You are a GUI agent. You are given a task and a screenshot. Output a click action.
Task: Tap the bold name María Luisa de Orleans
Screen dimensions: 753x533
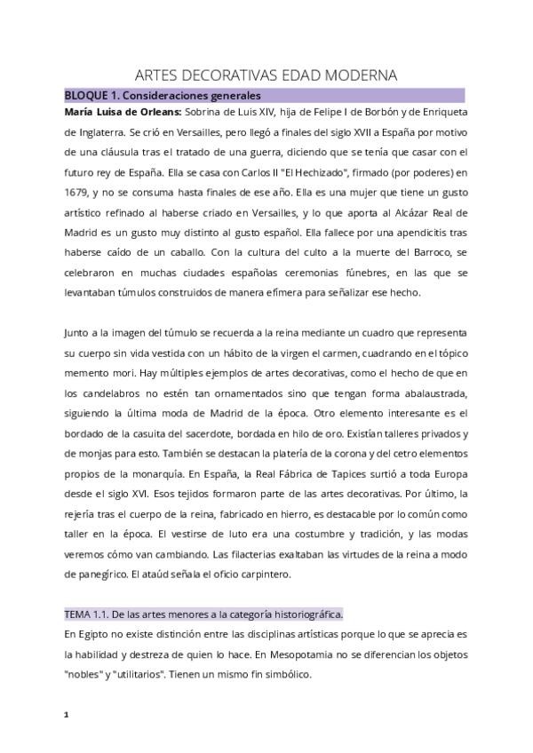click(123, 112)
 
